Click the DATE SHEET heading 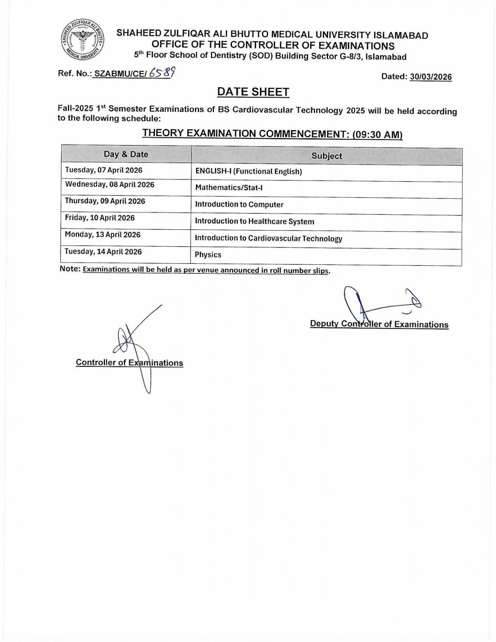coord(253,92)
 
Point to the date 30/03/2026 coord(431,77)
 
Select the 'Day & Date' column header coord(126,154)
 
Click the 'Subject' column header coord(327,156)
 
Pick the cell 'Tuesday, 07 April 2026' coord(104,170)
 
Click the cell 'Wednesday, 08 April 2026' coord(110,184)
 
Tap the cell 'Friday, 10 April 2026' coord(100,218)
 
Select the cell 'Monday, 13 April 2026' coord(103,235)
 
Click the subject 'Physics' coord(208,255)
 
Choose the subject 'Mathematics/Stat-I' coord(229,188)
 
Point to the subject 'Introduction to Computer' coord(239,204)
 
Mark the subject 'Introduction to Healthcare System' coord(255,221)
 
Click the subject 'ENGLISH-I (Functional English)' coord(249,171)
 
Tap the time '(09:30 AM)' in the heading coord(377,134)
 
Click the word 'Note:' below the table coord(70,269)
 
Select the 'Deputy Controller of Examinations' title coord(379,324)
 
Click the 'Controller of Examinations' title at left coord(130,363)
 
